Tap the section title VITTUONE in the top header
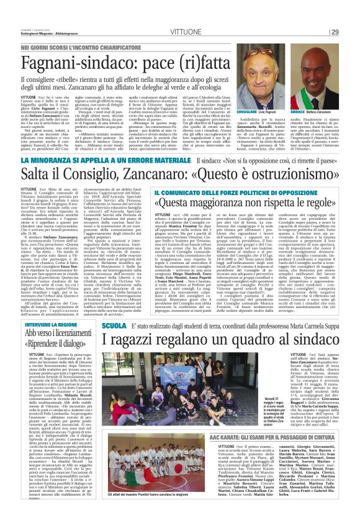pyautogui.click(x=178, y=14)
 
